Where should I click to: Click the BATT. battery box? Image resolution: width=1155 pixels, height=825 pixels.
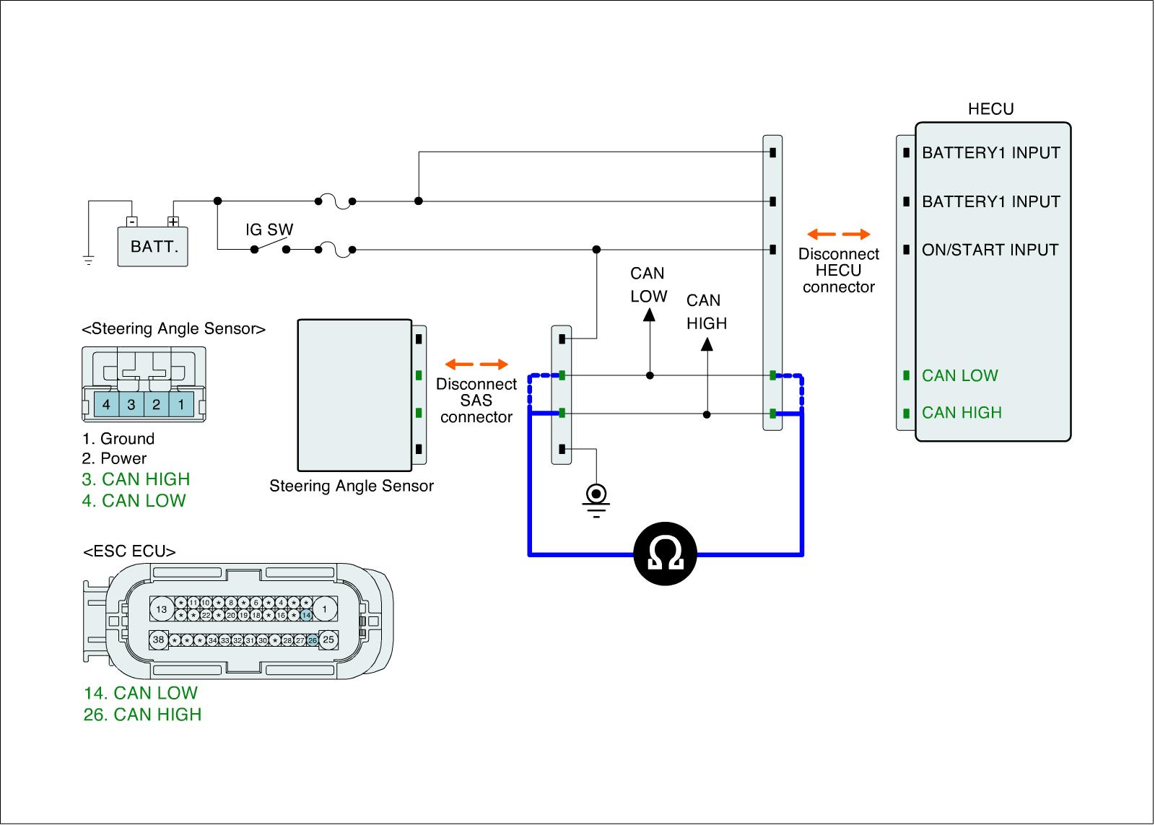tap(153, 246)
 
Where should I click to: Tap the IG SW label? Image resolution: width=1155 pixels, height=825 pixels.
tap(269, 230)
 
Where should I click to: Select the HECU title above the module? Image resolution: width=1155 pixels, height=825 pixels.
tap(990, 109)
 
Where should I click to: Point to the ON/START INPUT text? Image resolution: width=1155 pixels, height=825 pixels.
tap(990, 250)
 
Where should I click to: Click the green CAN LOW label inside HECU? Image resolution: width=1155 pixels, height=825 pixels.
tap(959, 375)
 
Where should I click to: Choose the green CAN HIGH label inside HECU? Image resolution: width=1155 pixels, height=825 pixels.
tap(962, 413)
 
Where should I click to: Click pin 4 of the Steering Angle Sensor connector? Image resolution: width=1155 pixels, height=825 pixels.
tap(106, 404)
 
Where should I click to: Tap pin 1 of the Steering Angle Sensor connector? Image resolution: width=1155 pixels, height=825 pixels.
tap(181, 404)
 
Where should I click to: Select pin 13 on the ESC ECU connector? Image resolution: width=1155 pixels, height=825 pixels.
tap(162, 609)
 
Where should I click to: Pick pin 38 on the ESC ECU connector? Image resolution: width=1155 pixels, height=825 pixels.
tap(158, 640)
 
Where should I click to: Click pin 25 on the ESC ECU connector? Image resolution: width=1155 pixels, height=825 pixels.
tap(328, 640)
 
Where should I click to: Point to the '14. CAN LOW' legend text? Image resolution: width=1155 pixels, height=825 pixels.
tap(141, 693)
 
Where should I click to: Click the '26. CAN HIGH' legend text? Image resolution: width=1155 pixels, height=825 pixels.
tap(143, 715)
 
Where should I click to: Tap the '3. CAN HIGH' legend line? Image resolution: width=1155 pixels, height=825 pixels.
tap(136, 479)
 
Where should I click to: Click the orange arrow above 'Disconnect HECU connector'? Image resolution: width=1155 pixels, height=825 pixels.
tap(838, 235)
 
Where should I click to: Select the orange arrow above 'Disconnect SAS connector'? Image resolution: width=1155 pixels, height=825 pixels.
tap(476, 364)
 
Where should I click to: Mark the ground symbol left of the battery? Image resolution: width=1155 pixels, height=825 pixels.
tap(88, 260)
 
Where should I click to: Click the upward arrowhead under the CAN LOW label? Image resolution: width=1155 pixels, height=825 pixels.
tap(650, 314)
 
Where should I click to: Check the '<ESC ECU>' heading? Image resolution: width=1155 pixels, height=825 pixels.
tap(130, 552)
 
